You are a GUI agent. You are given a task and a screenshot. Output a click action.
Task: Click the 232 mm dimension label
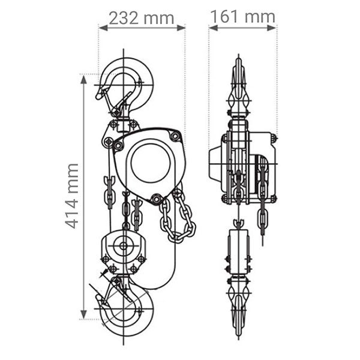(142, 18)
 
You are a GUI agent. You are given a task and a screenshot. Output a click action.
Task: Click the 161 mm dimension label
(242, 17)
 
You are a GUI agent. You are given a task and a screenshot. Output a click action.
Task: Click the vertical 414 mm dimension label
(72, 196)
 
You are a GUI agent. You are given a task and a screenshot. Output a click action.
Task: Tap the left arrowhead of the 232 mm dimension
(103, 28)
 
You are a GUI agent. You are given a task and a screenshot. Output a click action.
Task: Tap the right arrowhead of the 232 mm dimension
(181, 28)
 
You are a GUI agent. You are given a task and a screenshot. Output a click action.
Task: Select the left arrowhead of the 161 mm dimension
(213, 28)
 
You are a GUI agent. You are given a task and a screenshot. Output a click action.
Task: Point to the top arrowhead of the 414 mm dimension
(83, 79)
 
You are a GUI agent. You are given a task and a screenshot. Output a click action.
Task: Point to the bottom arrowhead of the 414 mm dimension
(83, 314)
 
